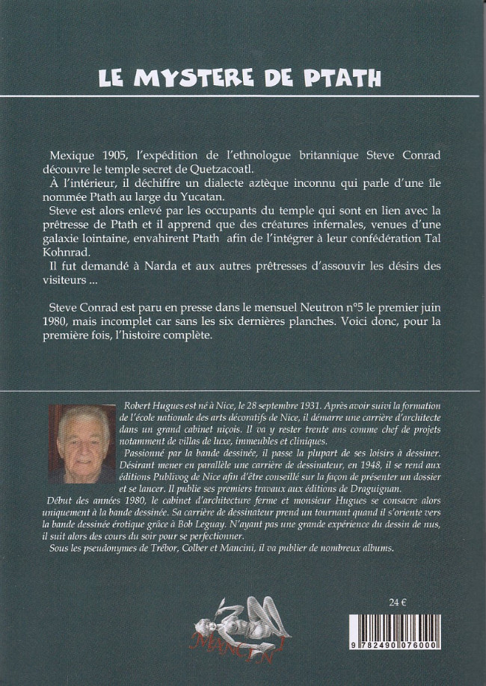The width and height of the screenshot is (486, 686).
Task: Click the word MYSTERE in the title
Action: point(196,78)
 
